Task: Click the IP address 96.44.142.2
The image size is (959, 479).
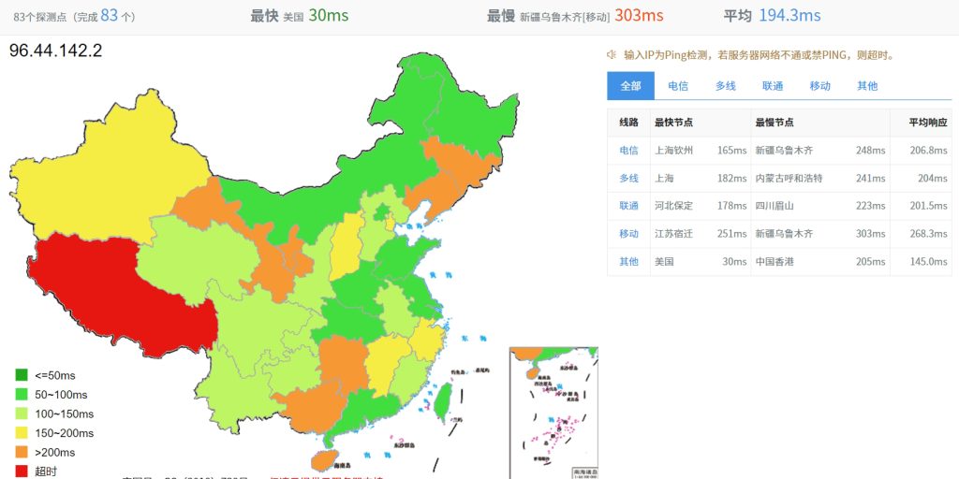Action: [55, 51]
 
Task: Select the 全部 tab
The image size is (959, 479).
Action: [630, 86]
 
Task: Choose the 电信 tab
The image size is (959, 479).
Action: [678, 86]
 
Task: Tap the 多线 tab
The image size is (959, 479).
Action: [726, 86]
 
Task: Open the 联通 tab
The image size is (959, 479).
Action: [773, 86]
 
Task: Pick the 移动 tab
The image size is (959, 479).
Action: [820, 86]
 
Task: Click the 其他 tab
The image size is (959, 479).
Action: [867, 86]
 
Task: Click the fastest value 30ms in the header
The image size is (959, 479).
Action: [329, 16]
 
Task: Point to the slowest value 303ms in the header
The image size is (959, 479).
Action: [639, 16]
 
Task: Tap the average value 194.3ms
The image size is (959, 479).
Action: [789, 16]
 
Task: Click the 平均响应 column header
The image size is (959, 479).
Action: [928, 123]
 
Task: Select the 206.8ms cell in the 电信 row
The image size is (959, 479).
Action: [929, 151]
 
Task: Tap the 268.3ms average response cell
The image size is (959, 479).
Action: [929, 234]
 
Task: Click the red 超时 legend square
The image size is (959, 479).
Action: [21, 471]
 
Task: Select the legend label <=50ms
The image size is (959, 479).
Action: [54, 376]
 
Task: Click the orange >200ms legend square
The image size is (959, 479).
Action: [21, 452]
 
